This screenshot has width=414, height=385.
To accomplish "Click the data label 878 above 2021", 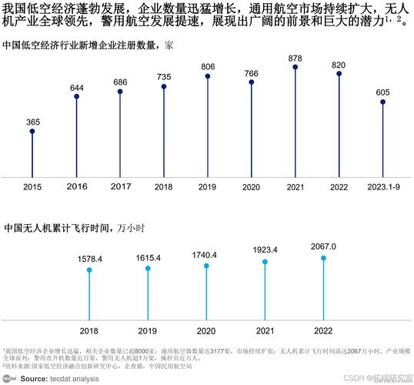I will [295, 58].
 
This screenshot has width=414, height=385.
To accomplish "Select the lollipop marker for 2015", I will [32, 132].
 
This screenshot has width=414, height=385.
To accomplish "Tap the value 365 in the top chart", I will [32, 122].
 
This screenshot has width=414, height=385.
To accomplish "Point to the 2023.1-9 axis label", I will [382, 187].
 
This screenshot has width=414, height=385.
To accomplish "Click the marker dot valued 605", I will [382, 102].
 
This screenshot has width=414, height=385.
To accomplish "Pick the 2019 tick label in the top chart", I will [208, 187].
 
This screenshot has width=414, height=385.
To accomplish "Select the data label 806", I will [208, 66].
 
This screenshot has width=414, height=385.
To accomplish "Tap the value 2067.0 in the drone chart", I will [323, 246].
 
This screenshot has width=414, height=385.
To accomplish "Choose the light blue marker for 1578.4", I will [89, 270].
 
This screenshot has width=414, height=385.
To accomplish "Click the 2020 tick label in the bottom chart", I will [206, 330].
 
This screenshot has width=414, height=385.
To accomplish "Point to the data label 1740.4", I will [206, 255].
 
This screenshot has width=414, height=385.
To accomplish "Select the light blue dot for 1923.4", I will [265, 262].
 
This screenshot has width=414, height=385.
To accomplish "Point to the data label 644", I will [76, 87].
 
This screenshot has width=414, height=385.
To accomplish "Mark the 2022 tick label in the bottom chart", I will [323, 330].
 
